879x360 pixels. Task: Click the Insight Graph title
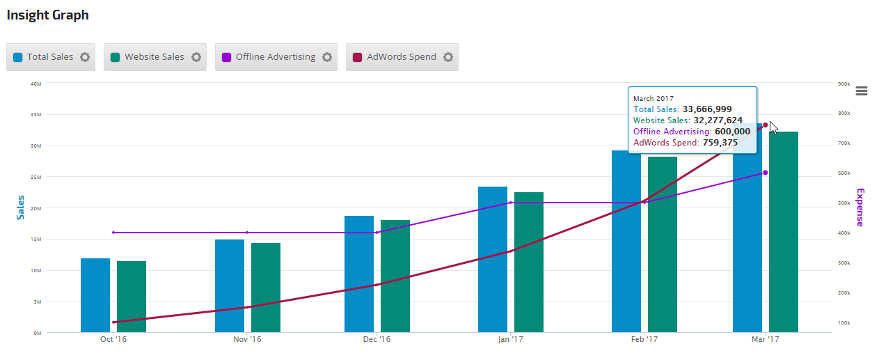click(x=47, y=15)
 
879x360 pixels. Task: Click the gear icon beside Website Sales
click(x=196, y=57)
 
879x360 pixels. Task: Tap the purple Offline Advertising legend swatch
click(x=226, y=57)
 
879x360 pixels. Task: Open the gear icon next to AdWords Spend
click(x=448, y=57)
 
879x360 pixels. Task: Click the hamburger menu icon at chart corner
click(x=862, y=91)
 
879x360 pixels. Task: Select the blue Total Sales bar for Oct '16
click(x=95, y=295)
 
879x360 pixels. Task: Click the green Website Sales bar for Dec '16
click(x=395, y=276)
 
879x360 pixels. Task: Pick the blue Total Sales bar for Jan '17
click(x=493, y=259)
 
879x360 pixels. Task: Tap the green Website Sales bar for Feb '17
click(x=663, y=244)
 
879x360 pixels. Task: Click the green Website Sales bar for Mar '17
click(x=784, y=232)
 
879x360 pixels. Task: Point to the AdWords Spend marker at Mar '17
click(x=766, y=125)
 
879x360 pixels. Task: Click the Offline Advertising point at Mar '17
click(x=766, y=173)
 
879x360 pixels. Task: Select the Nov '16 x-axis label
click(x=247, y=340)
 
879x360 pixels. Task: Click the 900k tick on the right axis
click(x=844, y=84)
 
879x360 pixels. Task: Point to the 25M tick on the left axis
click(x=36, y=177)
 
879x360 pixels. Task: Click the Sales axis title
click(x=21, y=208)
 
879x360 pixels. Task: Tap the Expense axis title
click(x=860, y=208)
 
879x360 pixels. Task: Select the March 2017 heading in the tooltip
click(x=654, y=99)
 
